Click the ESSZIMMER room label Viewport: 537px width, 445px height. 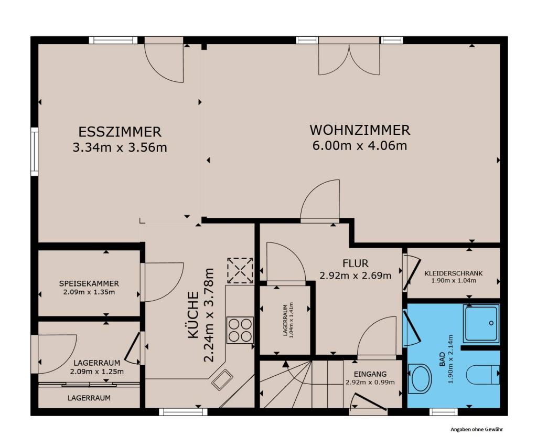(x=120, y=132)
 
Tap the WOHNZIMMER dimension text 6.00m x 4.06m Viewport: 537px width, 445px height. (x=360, y=146)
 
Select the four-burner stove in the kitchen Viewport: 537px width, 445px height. (x=240, y=330)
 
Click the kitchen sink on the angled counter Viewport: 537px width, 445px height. (x=222, y=379)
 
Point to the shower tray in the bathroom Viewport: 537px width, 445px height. (x=481, y=323)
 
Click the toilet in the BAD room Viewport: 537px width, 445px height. (x=483, y=375)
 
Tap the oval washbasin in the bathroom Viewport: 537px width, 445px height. (x=420, y=378)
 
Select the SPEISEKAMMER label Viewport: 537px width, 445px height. (x=89, y=284)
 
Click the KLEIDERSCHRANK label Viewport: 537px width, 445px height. (x=454, y=273)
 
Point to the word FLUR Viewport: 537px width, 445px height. (x=356, y=263)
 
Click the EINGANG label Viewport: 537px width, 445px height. (x=370, y=374)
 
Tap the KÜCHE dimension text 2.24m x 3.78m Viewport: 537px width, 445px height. (x=209, y=315)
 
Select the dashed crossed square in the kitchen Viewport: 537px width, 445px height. (x=240, y=271)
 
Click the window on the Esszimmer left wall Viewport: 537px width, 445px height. (x=34, y=151)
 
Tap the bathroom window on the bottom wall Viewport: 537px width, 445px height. (x=443, y=412)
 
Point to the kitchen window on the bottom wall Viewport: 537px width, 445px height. (x=183, y=412)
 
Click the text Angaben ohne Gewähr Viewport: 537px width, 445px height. (x=477, y=429)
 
